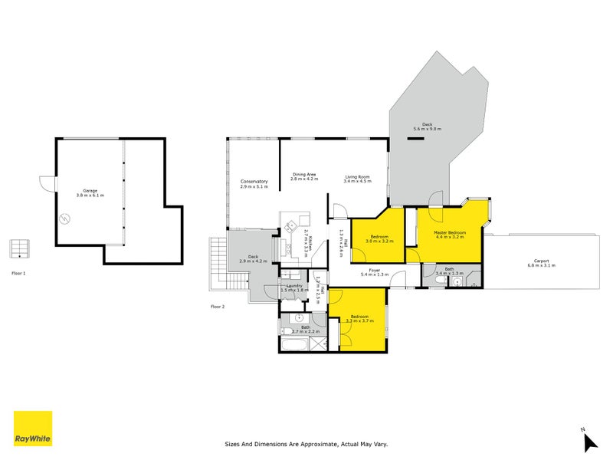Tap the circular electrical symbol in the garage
(65, 218)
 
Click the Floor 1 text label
(18, 273)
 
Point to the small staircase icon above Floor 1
(19, 249)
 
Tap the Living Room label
(357, 179)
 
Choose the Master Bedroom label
(451, 234)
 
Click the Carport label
(541, 262)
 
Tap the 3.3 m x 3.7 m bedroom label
(360, 318)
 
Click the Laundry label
(293, 287)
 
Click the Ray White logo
(33, 429)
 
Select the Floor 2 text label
(218, 306)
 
